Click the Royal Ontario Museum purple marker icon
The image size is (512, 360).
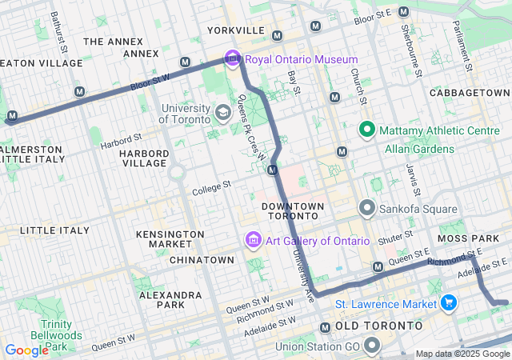point(233,58)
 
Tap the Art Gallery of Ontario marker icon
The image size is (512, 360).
point(253,240)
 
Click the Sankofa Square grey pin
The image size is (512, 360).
point(367,209)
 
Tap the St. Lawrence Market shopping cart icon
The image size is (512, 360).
point(449,303)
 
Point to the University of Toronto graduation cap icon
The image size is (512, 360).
point(222,111)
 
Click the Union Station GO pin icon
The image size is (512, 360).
point(372,345)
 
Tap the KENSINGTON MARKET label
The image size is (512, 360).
point(170,239)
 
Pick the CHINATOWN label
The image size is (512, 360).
point(202,260)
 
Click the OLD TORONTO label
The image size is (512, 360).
point(378,326)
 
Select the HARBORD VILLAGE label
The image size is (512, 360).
point(143,158)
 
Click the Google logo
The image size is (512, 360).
point(26,350)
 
